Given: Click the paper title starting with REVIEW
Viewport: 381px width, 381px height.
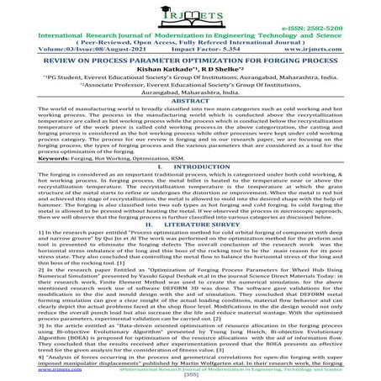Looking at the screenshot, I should click(190, 75).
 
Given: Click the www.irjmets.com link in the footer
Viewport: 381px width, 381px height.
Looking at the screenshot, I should click(26, 368).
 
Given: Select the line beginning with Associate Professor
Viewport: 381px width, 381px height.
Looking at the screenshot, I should click(190, 107).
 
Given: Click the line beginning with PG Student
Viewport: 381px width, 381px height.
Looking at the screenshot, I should click(190, 97).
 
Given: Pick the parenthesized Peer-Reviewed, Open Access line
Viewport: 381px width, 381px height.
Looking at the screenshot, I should click(190, 54).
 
